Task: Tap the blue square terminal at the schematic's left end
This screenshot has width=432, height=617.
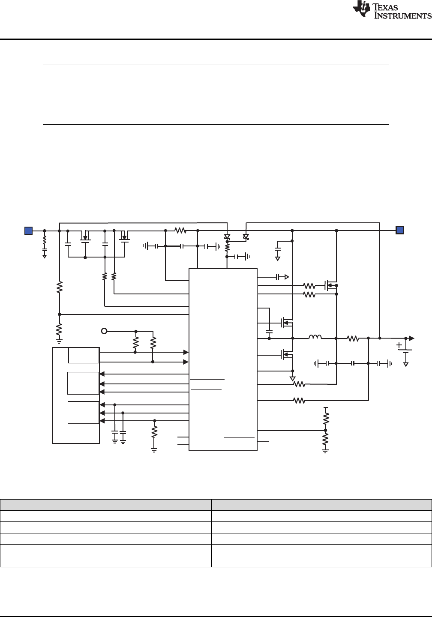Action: [28, 231]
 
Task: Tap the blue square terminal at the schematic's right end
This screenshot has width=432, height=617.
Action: [399, 231]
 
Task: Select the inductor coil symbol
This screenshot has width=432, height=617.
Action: [315, 338]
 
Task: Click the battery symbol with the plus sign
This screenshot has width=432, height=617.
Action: [405, 351]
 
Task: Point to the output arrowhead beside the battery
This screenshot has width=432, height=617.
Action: [412, 338]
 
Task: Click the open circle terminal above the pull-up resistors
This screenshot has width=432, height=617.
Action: [104, 331]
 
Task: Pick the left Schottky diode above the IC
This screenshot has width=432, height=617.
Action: [227, 237]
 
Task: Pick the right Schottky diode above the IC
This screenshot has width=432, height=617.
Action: [246, 237]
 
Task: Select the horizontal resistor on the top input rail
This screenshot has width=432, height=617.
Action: [180, 231]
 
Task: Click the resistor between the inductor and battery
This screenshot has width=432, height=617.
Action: [353, 338]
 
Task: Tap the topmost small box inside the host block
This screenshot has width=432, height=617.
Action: [84, 356]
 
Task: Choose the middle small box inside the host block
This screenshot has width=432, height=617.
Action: [84, 383]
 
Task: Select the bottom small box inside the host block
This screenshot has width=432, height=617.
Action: [84, 413]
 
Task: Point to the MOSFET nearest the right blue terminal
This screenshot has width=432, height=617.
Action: [330, 285]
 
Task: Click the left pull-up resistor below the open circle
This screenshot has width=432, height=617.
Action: [136, 343]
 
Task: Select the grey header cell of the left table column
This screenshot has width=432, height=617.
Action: [106, 505]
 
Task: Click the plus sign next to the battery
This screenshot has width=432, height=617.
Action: [399, 345]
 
